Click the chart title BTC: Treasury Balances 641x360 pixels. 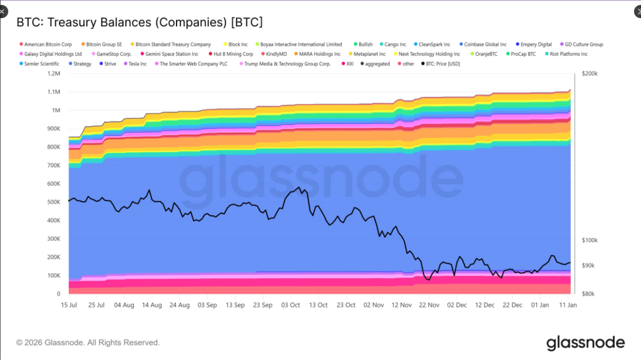pos(139,23)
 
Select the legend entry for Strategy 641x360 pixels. pos(82,64)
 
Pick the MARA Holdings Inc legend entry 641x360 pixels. pos(319,54)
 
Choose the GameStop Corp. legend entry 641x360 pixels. pos(113,54)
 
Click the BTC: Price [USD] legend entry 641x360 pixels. pos(444,64)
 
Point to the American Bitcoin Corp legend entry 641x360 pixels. pos(48,44)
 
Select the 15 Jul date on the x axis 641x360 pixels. pos(69,305)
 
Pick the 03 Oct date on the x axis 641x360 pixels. pos(291,305)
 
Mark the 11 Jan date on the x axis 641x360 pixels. pos(568,305)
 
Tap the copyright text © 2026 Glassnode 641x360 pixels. pos(88,342)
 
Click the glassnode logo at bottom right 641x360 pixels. pos(585,342)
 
